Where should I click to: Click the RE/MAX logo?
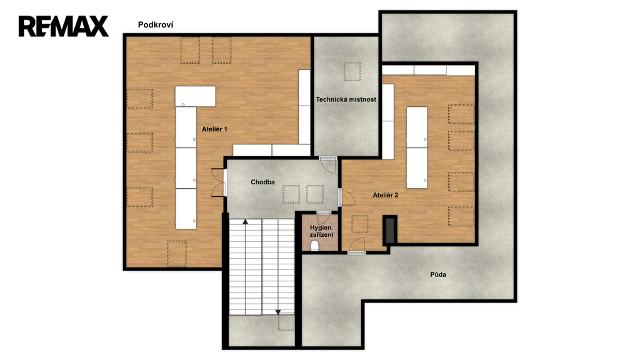coord(64,26)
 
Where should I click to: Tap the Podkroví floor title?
coord(156,25)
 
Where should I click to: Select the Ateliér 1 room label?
coord(214,129)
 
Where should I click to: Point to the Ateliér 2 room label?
coord(385,195)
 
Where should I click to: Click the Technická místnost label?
coord(346,99)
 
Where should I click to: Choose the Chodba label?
coord(262,182)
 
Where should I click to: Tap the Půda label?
coord(438,274)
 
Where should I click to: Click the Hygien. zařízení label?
coord(322,231)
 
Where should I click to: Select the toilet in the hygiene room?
coord(315,246)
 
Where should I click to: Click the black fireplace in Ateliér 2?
coord(390,230)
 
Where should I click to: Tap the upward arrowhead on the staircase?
coord(245,222)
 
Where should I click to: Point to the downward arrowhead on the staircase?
coord(278,312)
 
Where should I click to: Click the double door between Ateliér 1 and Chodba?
coord(219,182)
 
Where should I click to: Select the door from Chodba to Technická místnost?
coord(327,164)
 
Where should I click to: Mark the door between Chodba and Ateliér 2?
coord(346,197)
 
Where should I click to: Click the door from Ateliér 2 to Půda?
coord(357,246)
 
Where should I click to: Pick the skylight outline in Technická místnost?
coord(352,71)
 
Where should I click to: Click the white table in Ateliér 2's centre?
coord(417,147)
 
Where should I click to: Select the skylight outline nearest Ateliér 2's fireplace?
coord(360,224)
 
